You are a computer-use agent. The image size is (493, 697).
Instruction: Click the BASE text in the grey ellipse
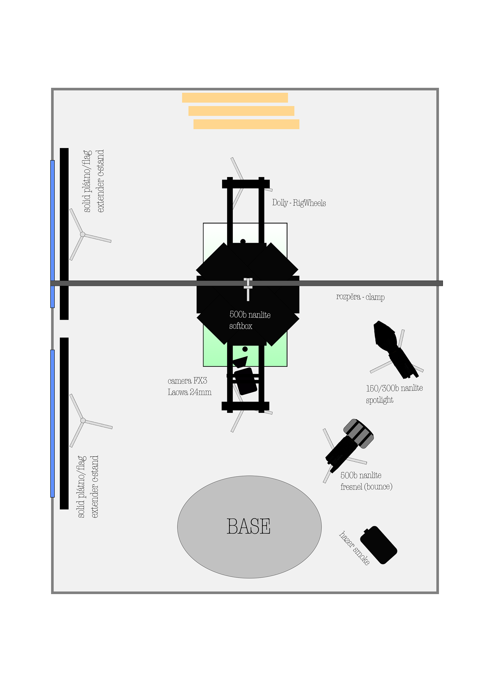(x=248, y=526)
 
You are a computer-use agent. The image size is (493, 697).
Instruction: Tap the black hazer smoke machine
(x=378, y=545)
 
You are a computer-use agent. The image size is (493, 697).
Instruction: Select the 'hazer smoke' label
(x=354, y=548)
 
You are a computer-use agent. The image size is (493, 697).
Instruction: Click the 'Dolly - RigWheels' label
(x=299, y=203)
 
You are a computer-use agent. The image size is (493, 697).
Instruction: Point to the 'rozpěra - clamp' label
(x=360, y=297)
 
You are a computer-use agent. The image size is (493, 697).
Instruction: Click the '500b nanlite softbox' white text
(x=249, y=320)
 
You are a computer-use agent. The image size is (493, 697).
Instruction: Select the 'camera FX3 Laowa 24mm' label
(x=189, y=386)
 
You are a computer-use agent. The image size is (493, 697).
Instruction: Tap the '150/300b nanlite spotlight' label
(x=394, y=394)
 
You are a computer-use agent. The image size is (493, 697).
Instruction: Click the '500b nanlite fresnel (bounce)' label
(x=366, y=481)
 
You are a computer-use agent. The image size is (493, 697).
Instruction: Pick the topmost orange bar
(x=235, y=98)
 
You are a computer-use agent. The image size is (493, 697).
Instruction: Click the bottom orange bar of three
(x=246, y=124)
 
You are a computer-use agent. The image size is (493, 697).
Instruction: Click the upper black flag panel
(x=64, y=234)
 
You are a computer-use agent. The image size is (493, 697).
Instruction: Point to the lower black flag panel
(x=64, y=423)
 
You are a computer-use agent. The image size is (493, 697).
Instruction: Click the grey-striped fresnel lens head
(x=359, y=433)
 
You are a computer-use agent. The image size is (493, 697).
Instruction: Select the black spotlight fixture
(x=395, y=349)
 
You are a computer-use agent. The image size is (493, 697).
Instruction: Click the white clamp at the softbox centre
(x=248, y=288)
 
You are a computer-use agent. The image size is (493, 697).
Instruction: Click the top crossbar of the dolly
(x=246, y=184)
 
